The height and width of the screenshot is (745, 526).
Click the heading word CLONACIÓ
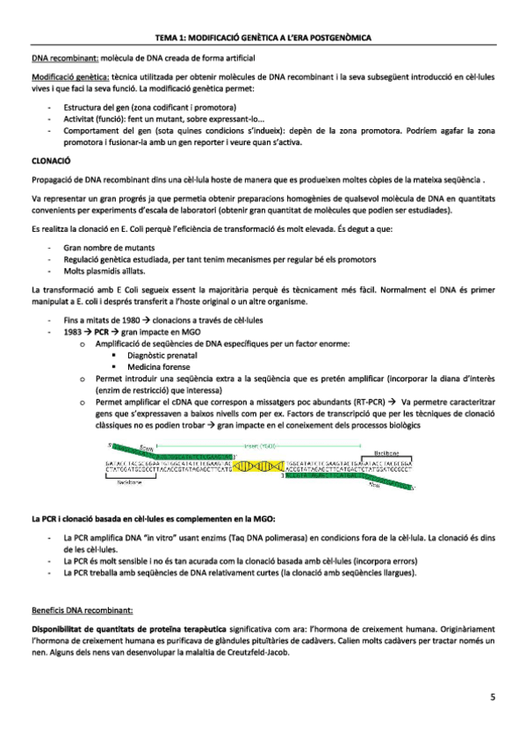tap(51, 162)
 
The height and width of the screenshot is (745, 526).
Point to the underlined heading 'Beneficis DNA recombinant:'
tap(82, 608)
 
